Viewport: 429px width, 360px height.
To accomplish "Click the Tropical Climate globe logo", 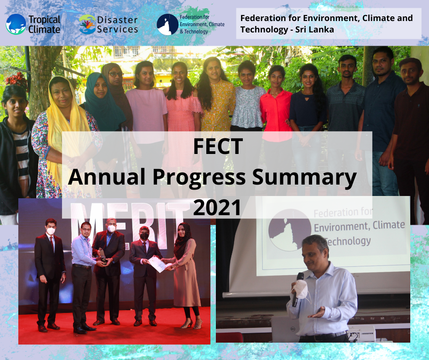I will (x=16, y=24).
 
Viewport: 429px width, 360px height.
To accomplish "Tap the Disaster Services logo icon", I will (x=87, y=24).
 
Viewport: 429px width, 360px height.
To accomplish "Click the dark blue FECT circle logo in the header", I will (x=165, y=24).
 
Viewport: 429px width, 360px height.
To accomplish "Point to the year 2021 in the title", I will (x=217, y=208).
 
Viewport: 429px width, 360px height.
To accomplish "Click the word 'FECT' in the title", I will (x=217, y=147).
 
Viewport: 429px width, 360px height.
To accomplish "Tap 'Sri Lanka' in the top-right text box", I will (x=316, y=30).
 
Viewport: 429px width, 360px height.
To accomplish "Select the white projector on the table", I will (x=360, y=333).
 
